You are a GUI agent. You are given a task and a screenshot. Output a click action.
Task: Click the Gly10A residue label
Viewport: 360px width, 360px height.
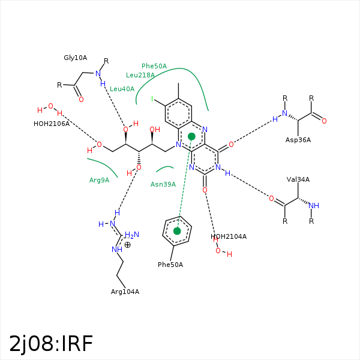point(76,58)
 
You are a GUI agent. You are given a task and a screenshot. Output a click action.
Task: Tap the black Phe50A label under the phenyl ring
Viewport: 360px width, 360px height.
point(170,265)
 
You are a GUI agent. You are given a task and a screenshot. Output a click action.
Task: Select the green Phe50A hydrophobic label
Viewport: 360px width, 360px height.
point(154,66)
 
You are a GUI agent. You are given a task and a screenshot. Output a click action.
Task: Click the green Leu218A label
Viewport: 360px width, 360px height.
point(140,75)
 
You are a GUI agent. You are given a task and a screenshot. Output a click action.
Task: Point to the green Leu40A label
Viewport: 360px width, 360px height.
point(122,89)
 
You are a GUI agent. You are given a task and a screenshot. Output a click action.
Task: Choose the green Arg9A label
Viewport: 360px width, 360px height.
point(99,180)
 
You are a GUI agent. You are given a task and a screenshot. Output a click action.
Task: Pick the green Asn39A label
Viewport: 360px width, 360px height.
point(163,184)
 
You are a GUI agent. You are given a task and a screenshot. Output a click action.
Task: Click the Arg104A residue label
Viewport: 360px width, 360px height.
point(125,292)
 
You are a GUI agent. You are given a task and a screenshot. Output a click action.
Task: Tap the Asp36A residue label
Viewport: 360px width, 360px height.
point(298,139)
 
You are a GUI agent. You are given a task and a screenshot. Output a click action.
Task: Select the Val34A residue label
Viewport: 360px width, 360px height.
point(298,179)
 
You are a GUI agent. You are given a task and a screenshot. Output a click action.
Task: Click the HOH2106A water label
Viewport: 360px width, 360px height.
point(52,124)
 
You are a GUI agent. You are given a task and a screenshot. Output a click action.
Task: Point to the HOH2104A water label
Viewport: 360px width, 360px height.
point(229,236)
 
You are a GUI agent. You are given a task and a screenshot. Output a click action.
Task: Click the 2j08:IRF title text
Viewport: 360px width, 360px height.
point(52,343)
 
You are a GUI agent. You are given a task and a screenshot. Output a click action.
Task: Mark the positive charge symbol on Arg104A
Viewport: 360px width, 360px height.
point(127,244)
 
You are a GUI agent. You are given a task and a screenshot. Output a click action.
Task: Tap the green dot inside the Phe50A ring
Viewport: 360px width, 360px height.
point(177,230)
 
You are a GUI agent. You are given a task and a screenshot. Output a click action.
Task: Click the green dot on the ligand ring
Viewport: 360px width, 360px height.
point(191,137)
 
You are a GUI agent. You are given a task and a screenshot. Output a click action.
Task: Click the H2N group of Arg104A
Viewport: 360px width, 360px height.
point(131,236)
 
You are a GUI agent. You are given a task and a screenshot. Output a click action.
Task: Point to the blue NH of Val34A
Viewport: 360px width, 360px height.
point(314,206)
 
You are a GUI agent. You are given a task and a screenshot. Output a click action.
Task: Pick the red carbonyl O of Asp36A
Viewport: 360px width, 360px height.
point(324,121)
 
